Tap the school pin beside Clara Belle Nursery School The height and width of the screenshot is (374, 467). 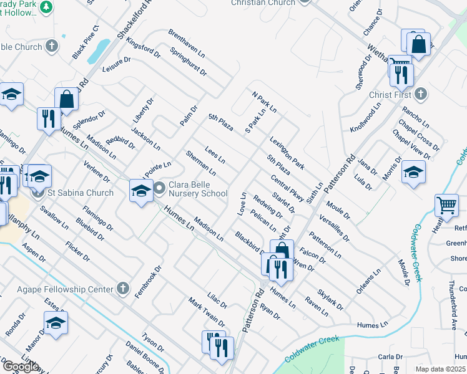141,190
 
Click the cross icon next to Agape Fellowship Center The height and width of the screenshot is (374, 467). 123,289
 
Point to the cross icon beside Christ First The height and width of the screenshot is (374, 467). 421,94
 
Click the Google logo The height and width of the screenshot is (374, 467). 20,367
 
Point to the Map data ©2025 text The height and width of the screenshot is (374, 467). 441,369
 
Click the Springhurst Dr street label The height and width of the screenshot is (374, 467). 188,62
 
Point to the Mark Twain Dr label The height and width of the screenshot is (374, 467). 207,312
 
